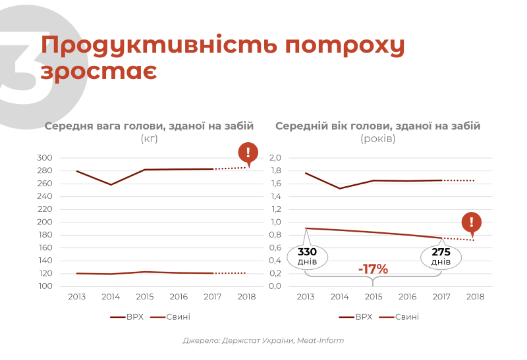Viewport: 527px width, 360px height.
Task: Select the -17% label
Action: click(373, 269)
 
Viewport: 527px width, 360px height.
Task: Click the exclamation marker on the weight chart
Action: click(248, 153)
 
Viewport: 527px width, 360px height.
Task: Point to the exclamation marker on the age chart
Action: click(471, 223)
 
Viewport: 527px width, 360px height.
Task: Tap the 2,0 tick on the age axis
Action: click(275, 158)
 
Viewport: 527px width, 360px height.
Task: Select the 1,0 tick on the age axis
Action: click(275, 222)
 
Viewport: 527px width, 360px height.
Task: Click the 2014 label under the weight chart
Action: click(111, 297)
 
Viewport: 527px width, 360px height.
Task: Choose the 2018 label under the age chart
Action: click(475, 297)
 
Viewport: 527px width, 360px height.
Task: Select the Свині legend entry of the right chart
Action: click(406, 317)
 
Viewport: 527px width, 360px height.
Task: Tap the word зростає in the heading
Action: click(98, 70)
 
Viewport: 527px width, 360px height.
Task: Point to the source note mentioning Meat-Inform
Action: click(263, 341)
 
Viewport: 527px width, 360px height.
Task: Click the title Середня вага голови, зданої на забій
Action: click(149, 126)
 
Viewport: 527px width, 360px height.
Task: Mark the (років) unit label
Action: click(377, 139)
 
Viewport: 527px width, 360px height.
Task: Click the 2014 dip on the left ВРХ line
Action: click(111, 185)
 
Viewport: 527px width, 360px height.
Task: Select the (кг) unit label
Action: click(149, 139)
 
